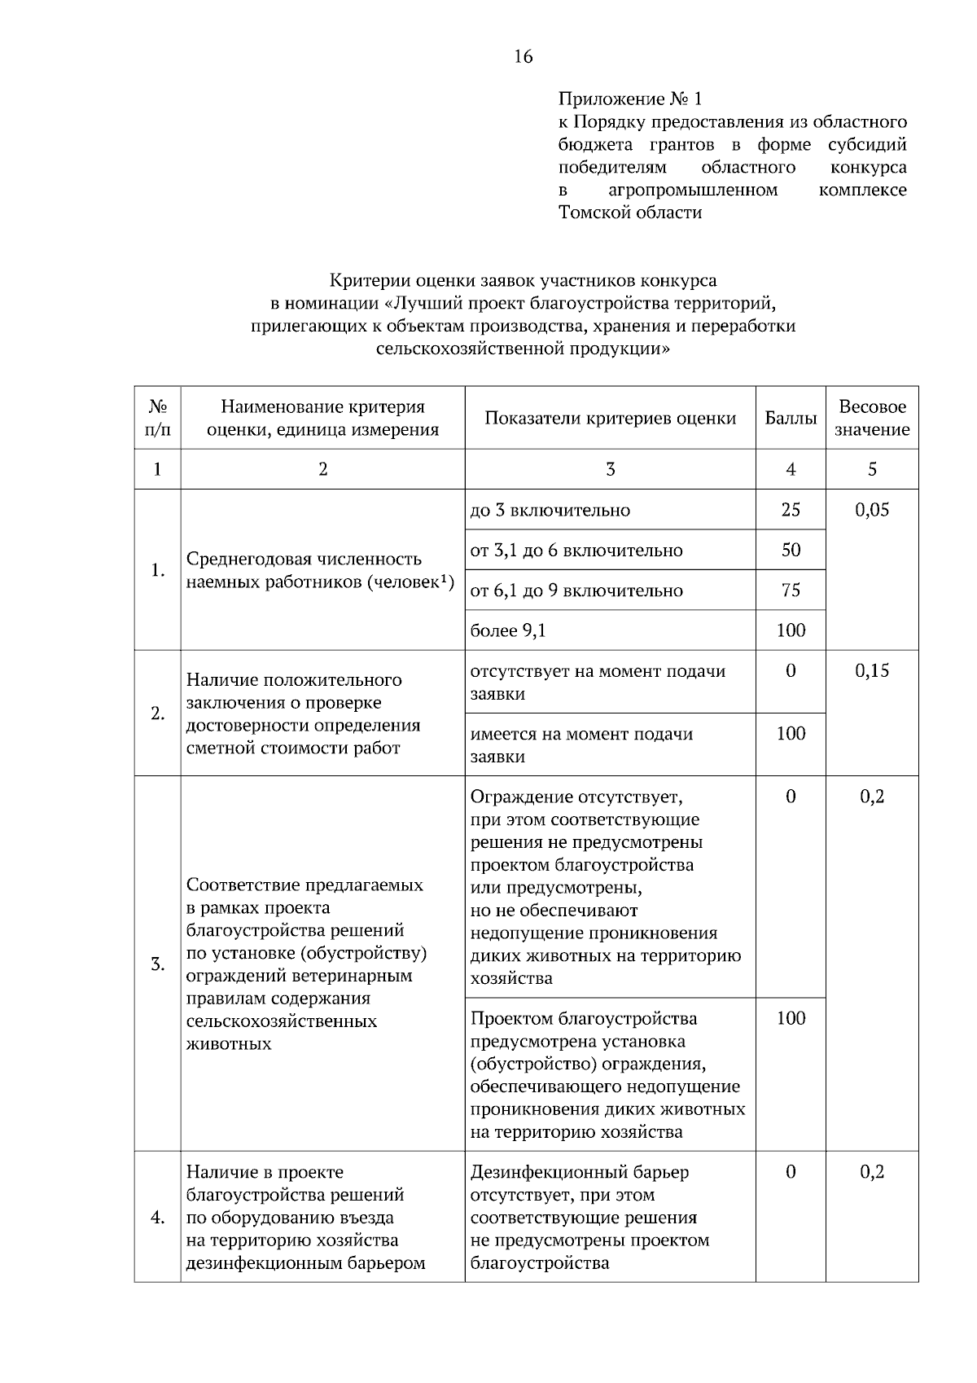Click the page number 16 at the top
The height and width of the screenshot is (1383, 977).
(523, 56)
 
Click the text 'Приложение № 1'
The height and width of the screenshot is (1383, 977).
(629, 99)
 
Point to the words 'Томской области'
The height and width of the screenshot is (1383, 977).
(629, 213)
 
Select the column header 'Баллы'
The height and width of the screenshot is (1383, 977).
(790, 419)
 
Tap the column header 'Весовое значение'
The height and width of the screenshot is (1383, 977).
(871, 419)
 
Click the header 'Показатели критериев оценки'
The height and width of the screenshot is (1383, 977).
(610, 419)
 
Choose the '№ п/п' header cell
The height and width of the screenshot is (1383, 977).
(157, 419)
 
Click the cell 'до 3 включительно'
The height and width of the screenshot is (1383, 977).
(550, 511)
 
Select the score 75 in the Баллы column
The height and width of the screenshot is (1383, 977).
(790, 591)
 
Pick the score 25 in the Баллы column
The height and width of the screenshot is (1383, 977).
(790, 511)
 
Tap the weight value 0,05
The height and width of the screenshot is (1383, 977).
(871, 511)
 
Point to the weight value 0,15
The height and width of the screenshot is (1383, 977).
(871, 671)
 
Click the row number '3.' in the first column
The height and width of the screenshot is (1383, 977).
(157, 965)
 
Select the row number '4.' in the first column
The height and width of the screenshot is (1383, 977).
(157, 1218)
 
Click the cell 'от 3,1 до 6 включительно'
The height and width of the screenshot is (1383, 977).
(576, 551)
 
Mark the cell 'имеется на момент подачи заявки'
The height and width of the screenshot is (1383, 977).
(581, 745)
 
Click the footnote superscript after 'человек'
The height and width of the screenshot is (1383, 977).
(447, 578)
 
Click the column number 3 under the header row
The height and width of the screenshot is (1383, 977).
(610, 469)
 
